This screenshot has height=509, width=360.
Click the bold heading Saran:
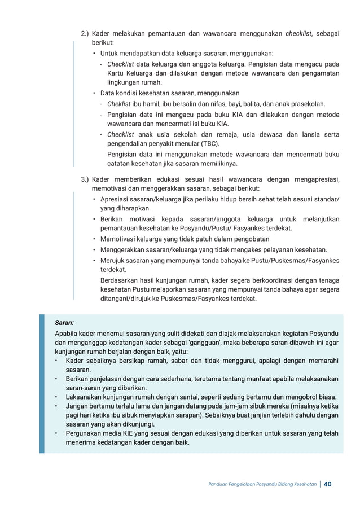[x=64, y=323]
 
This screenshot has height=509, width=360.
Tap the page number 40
[x=328, y=484]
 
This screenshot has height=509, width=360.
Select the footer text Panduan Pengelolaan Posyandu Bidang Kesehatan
[x=262, y=484]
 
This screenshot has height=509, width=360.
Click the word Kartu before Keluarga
[x=117, y=73]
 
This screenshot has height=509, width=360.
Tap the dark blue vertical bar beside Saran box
[x=42, y=384]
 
